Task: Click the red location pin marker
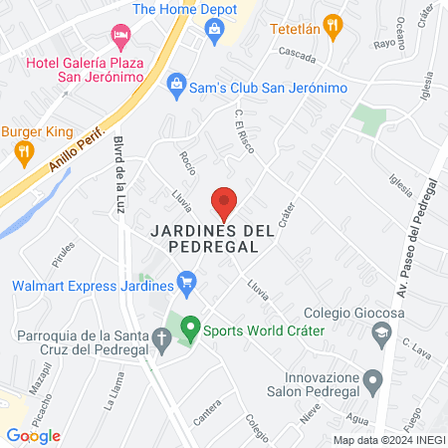(225, 203)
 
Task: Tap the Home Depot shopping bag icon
(214, 30)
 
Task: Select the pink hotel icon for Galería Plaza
(120, 36)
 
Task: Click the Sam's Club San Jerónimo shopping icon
(176, 81)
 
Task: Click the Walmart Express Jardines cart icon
(185, 285)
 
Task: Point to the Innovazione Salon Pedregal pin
(372, 379)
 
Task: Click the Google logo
(34, 435)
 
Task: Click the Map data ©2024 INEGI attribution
(387, 439)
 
